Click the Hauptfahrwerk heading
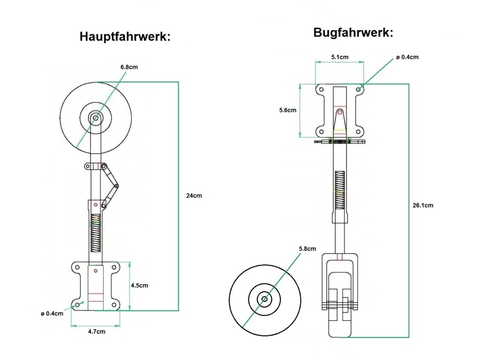pyautogui.click(x=125, y=37)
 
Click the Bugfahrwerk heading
pyautogui.click(x=353, y=33)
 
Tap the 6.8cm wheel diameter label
pyautogui.click(x=129, y=67)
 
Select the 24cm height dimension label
pyautogui.click(x=194, y=195)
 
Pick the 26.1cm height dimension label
pyautogui.click(x=423, y=205)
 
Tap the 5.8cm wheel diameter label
pyautogui.click(x=307, y=248)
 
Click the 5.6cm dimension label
pyautogui.click(x=287, y=110)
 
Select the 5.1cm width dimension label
pyautogui.click(x=339, y=57)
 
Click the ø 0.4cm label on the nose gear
pyautogui.click(x=407, y=57)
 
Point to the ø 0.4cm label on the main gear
pyautogui.click(x=52, y=314)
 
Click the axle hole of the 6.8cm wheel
pyautogui.click(x=96, y=118)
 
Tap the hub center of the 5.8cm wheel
pyautogui.click(x=265, y=299)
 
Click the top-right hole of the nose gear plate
pyautogui.click(x=359, y=89)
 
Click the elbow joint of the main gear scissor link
pyautogui.click(x=117, y=186)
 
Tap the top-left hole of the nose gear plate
pyautogui.click(x=321, y=89)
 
